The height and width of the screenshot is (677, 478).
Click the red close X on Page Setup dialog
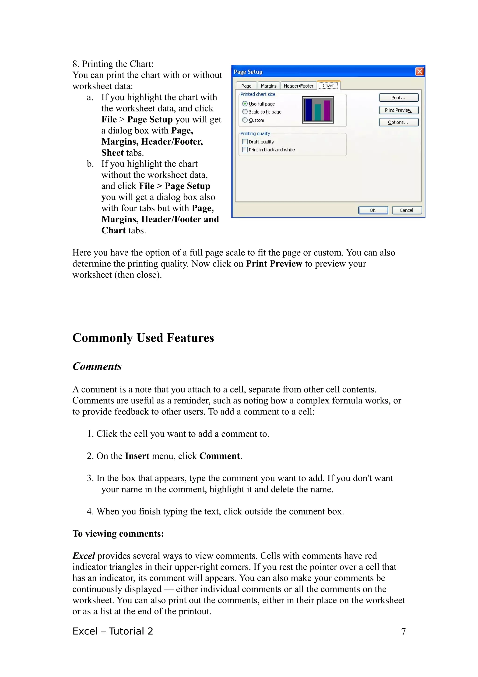pyautogui.click(x=419, y=72)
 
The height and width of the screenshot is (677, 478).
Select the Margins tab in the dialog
pyautogui.click(x=268, y=86)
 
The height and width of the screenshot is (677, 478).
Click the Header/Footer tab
pyautogui.click(x=298, y=86)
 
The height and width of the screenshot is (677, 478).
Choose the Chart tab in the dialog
pyautogui.click(x=328, y=86)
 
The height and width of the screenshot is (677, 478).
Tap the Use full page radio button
pyautogui.click(x=245, y=104)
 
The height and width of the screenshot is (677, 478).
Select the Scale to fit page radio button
pyautogui.click(x=245, y=112)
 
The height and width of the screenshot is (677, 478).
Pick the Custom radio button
pyautogui.click(x=245, y=120)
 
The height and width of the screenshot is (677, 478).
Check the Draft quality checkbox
pyautogui.click(x=245, y=142)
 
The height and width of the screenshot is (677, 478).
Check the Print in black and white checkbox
pyautogui.click(x=245, y=150)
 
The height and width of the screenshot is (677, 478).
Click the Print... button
pyautogui.click(x=398, y=98)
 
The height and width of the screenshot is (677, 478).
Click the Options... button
pyautogui.click(x=398, y=122)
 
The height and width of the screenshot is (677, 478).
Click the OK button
pyautogui.click(x=373, y=210)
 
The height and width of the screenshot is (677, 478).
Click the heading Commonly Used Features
pyautogui.click(x=143, y=338)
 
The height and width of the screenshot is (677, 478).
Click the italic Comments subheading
pyautogui.click(x=97, y=367)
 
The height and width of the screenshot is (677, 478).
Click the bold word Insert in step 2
pyautogui.click(x=137, y=456)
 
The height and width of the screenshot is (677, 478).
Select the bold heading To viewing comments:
pyautogui.click(x=118, y=534)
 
